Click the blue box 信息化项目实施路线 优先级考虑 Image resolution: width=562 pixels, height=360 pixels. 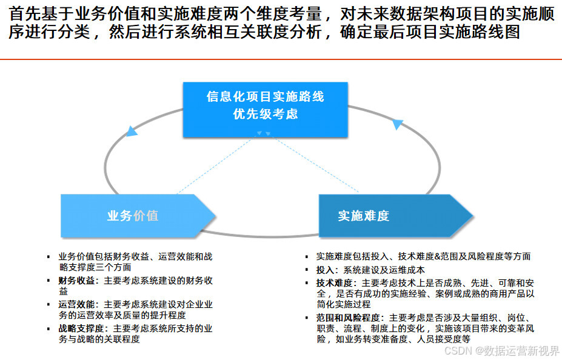(266, 109)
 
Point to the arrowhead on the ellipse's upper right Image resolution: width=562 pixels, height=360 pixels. (397, 124)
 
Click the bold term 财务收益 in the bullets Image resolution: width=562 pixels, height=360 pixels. (76, 281)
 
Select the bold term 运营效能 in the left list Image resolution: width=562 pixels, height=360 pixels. (76, 304)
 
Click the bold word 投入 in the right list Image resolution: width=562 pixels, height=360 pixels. (325, 270)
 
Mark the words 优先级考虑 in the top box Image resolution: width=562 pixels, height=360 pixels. (266, 115)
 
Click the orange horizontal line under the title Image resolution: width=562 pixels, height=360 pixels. (281, 59)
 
